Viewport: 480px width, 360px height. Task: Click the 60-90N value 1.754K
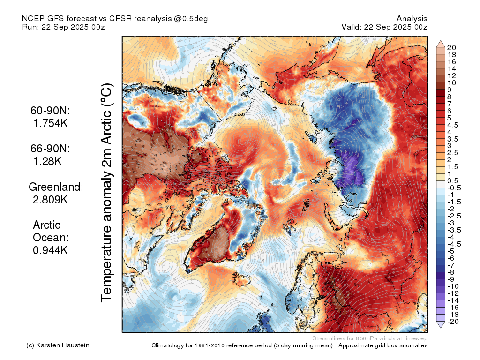click(x=50, y=123)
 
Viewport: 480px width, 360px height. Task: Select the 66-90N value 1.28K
click(x=47, y=161)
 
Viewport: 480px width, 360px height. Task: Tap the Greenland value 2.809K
click(x=50, y=200)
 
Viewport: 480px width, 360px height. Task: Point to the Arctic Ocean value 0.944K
click(x=50, y=250)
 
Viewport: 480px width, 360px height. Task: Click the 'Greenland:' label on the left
click(x=56, y=187)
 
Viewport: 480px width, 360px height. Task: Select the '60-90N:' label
click(x=50, y=111)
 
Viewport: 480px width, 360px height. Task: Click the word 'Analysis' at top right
click(x=412, y=19)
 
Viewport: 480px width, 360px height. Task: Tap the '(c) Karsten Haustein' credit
click(x=58, y=345)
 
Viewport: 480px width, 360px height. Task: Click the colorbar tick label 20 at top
click(x=451, y=48)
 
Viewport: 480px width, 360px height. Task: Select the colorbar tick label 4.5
click(x=452, y=125)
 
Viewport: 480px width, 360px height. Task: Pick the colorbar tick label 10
click(x=451, y=83)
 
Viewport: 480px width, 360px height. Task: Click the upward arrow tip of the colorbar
click(x=441, y=40)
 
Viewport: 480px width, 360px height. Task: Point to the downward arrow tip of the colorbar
click(x=441, y=328)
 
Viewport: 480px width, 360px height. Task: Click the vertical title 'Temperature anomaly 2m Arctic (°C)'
click(x=107, y=193)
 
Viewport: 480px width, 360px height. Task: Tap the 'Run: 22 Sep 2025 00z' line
click(x=64, y=27)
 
